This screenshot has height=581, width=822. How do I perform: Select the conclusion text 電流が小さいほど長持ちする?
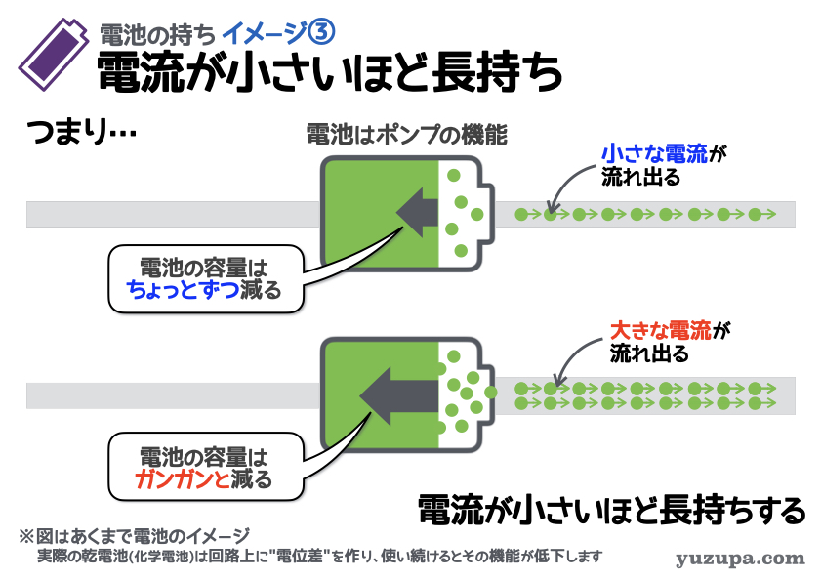point(611,509)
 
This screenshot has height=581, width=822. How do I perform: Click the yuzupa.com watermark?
point(740,559)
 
